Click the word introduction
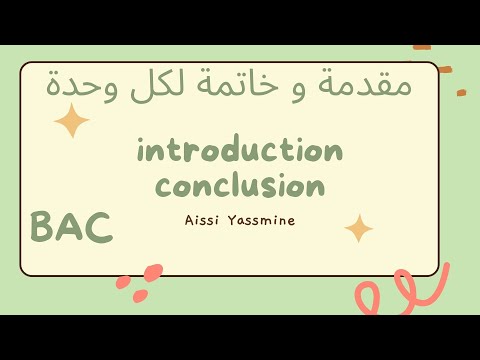240,151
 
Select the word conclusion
240,185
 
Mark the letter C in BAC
98,228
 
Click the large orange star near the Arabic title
72,121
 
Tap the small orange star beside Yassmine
358,228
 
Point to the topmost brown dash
422,46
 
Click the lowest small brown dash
461,92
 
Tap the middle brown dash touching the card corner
444,69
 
